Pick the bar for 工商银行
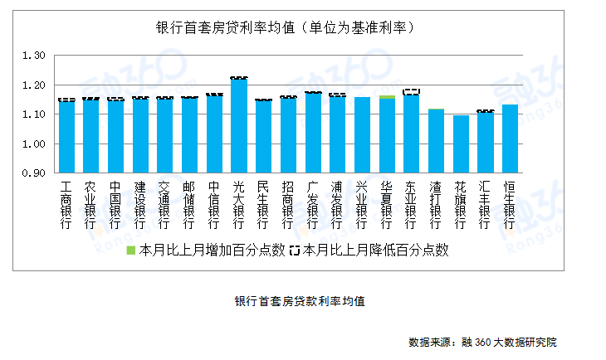tap(66, 137)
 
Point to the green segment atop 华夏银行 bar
tap(387, 97)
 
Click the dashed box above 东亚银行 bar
tap(411, 92)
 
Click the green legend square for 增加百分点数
tap(130, 250)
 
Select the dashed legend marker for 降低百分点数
tap(296, 250)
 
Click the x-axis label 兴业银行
tap(362, 204)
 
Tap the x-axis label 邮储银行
tap(189, 204)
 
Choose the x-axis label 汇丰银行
tap(485, 204)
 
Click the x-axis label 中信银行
tap(214, 204)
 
